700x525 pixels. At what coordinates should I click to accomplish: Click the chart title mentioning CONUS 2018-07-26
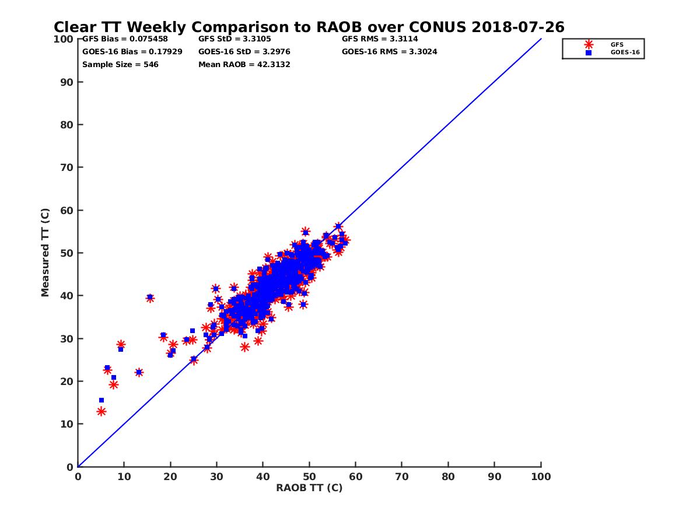[x=309, y=27]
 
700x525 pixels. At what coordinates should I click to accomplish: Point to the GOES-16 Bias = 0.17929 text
[x=132, y=51]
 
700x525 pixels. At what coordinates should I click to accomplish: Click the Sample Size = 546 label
[x=120, y=64]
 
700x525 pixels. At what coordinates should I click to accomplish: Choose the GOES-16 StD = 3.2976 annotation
[x=244, y=51]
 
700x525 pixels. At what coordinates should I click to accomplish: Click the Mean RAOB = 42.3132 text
[x=244, y=64]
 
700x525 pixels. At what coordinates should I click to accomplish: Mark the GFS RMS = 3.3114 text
[x=380, y=39]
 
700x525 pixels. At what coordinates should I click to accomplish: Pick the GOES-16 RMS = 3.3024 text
[x=389, y=51]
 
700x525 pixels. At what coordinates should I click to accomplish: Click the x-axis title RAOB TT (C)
[x=309, y=488]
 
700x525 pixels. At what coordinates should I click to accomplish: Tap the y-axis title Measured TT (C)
[x=45, y=253]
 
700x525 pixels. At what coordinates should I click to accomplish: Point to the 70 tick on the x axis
[x=402, y=476]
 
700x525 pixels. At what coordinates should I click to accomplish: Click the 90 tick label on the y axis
[x=67, y=82]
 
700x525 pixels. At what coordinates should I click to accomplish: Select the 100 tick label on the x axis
[x=541, y=476]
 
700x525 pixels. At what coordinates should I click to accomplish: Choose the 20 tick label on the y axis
[x=67, y=381]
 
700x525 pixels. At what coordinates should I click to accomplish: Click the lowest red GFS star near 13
[x=101, y=411]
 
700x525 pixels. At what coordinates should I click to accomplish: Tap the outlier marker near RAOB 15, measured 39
[x=150, y=297]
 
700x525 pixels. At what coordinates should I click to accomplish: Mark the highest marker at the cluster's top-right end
[x=338, y=226]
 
